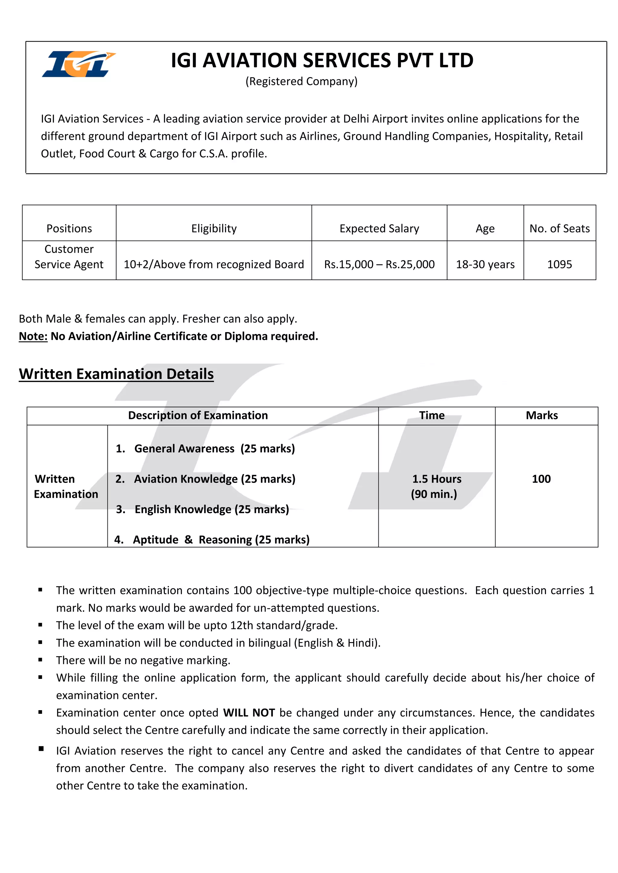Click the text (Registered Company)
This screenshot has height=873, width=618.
(x=301, y=81)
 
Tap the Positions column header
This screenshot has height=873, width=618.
(x=69, y=228)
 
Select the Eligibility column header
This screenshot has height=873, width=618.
(x=214, y=228)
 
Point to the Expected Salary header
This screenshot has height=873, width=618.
(x=379, y=228)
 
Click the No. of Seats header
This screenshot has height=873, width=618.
(x=559, y=228)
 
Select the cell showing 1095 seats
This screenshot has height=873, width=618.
(x=559, y=264)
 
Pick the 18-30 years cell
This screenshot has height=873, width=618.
(x=485, y=264)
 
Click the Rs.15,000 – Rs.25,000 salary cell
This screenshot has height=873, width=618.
(x=379, y=264)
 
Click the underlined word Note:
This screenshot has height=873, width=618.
(x=33, y=336)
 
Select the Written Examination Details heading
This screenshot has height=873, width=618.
(x=116, y=374)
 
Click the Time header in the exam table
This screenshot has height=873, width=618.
(x=432, y=415)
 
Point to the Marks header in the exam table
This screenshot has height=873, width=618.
(x=542, y=415)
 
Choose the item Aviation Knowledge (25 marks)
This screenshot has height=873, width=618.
(x=214, y=479)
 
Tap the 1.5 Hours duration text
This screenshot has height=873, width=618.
(x=436, y=479)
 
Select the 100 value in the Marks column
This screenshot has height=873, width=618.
(x=541, y=479)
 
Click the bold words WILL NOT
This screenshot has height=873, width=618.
(x=249, y=713)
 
